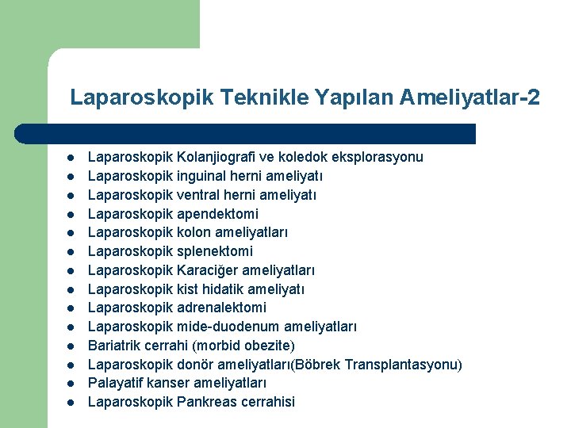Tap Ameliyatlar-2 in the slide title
[470, 97]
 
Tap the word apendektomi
[218, 214]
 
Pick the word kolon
[194, 232]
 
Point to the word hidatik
[226, 289]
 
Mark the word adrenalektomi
[222, 308]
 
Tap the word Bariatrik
[116, 346]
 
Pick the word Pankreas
[208, 402]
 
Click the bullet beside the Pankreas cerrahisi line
[71, 403]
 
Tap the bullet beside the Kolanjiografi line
[71, 158]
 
